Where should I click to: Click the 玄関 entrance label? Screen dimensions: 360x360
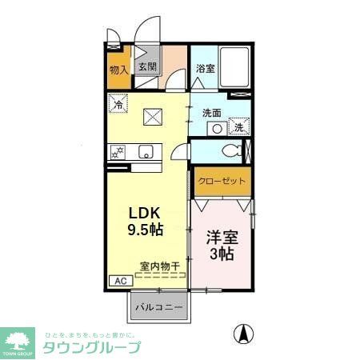(x=146, y=68)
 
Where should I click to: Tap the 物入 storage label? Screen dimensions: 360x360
(x=118, y=70)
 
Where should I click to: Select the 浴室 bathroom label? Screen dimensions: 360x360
(x=206, y=69)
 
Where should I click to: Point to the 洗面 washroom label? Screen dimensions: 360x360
(x=211, y=113)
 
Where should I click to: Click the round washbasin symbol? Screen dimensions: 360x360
(x=217, y=127)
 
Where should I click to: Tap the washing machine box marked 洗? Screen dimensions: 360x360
(x=239, y=126)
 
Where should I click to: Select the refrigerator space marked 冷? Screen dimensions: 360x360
(x=118, y=104)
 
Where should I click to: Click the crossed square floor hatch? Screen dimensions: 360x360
(x=154, y=117)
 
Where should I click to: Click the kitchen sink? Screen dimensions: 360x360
(x=145, y=151)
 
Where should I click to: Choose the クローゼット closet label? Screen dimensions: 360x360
(x=222, y=182)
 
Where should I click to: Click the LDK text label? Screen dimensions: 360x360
(x=146, y=214)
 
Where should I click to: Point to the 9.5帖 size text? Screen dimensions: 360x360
(x=146, y=230)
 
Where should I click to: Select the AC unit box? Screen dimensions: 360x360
(x=118, y=282)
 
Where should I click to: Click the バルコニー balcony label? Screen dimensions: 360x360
(x=158, y=306)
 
